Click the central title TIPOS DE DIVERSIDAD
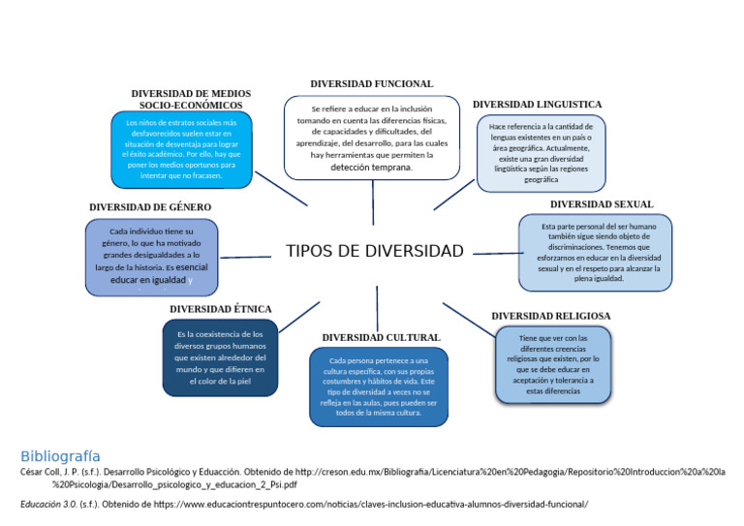374,252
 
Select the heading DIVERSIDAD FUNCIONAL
371,84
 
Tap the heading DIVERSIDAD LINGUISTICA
537,105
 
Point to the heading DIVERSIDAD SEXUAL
602,204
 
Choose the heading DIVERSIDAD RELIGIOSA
550,316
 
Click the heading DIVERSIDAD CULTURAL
381,337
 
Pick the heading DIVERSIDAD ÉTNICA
220,309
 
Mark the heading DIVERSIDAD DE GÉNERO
150,207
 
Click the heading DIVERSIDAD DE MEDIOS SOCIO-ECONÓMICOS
191,99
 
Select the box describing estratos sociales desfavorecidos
181,149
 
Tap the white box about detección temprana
372,138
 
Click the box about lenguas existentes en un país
541,152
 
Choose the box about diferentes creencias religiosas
553,364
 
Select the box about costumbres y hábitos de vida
379,387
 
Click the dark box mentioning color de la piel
220,357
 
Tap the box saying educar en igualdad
151,258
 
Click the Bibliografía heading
60,455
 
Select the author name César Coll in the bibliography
42,472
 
